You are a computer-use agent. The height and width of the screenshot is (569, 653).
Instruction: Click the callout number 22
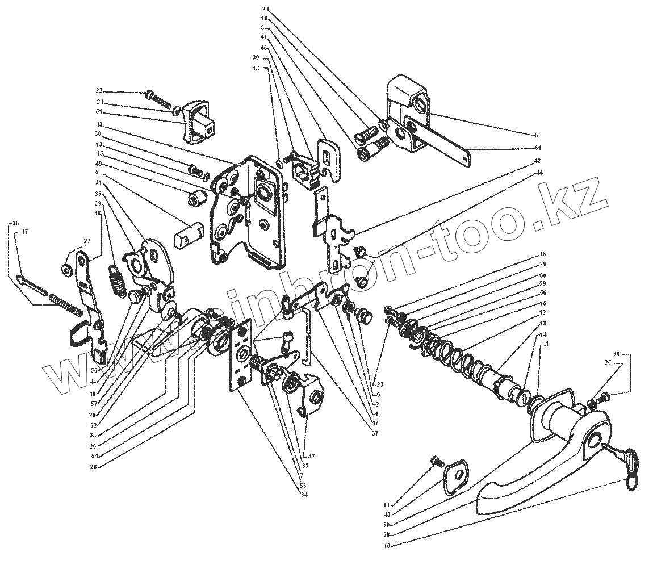[99, 91]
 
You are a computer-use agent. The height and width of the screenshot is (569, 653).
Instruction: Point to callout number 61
[538, 148]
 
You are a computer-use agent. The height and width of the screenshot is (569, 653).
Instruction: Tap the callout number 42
[538, 160]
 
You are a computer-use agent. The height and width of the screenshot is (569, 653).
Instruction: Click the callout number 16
[542, 254]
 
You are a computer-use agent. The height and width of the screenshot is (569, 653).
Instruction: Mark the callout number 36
[16, 223]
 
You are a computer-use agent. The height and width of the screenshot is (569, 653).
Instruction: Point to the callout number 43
[99, 124]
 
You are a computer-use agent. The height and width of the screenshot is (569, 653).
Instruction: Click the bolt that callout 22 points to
[158, 98]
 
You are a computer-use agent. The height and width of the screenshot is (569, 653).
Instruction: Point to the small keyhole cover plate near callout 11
[455, 478]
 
